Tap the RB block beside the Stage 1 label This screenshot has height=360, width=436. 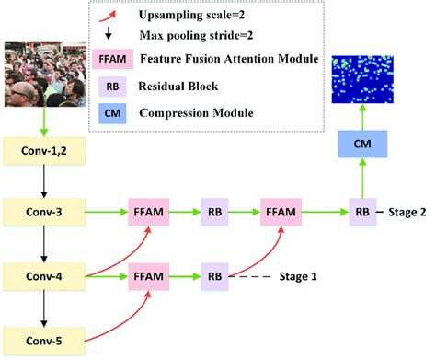[x=215, y=274]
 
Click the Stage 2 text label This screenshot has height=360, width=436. [x=406, y=212]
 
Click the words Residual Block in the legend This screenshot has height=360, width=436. [x=183, y=88]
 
